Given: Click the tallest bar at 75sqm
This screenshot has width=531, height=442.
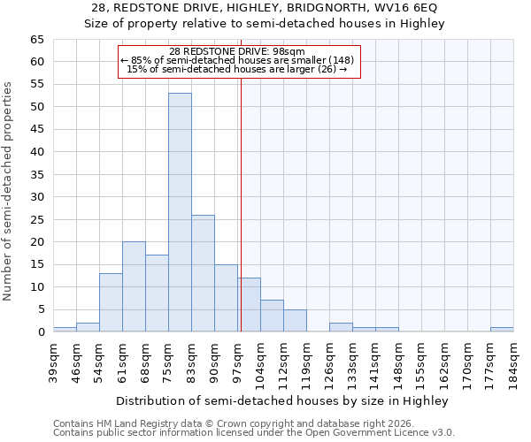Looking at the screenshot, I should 180,212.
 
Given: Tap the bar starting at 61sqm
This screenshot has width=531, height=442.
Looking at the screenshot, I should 134,286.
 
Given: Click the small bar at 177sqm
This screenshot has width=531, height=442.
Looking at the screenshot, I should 502,330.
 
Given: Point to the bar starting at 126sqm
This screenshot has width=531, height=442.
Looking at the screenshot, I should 341,327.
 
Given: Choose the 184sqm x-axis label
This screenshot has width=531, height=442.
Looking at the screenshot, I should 514,362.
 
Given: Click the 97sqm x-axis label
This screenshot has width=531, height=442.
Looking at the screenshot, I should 238,362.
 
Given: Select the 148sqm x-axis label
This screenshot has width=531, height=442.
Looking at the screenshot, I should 399,362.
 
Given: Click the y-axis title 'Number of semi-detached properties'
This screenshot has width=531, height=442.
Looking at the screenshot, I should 8,190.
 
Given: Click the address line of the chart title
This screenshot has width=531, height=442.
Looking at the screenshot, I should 265,8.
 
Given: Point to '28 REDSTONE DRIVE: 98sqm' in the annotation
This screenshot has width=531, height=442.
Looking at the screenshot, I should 237,51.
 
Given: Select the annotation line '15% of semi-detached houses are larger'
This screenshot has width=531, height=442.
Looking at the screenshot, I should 237,69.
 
